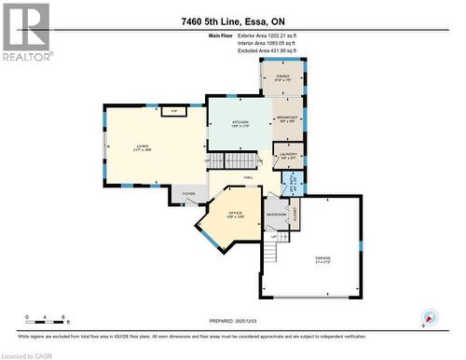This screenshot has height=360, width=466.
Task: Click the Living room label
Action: point(143,147)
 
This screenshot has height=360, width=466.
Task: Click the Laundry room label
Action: point(288,156)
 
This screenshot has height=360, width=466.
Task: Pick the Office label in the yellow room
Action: point(235,216)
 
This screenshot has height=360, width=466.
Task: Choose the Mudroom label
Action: point(276,214)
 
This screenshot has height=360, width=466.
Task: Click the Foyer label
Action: point(188,194)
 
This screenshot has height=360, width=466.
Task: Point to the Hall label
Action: point(249,177)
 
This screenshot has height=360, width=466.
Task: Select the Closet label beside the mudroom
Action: point(295,215)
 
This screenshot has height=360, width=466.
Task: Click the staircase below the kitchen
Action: point(217,162)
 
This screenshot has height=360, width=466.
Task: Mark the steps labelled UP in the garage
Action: point(273,245)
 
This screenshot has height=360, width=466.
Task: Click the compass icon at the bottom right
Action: point(429,317)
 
